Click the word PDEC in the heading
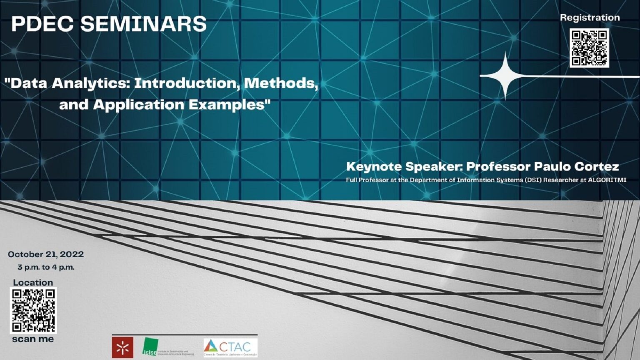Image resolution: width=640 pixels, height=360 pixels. tap(42, 24)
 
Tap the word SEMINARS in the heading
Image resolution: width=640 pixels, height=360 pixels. tap(143, 24)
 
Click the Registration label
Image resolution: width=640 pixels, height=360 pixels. tap(590, 17)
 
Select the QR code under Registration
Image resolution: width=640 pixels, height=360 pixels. tap(589, 48)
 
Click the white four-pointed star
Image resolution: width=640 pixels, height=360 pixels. tap(505, 76)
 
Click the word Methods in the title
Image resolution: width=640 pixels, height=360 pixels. tap(281, 83)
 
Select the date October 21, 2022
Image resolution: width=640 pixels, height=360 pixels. tap(46, 254)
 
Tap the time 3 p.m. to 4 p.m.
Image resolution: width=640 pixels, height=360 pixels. tap(46, 267)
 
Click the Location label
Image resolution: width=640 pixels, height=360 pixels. tap(33, 282)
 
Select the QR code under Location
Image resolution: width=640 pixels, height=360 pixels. tap(33, 310)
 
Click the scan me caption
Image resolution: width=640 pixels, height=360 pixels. tap(33, 339)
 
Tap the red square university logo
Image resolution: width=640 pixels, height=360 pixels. tap(122, 347)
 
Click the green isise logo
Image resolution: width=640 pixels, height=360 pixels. tap(150, 347)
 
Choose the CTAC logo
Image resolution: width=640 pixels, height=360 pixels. tap(230, 347)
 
